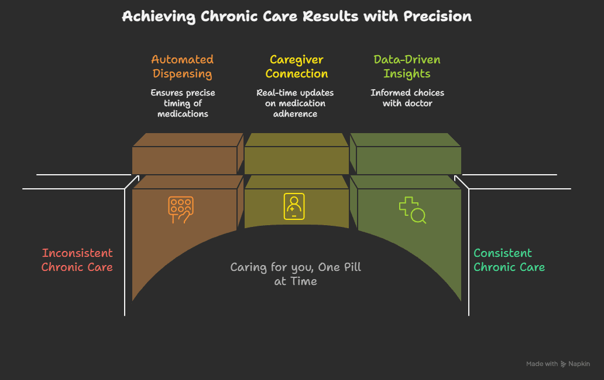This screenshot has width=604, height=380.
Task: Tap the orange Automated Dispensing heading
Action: coord(183,66)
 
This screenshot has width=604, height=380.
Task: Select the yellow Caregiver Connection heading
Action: coord(297,66)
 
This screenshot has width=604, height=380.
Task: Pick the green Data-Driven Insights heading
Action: coord(407,66)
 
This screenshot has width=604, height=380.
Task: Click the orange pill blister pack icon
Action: coord(181,209)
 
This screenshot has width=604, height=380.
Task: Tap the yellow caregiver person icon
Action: coord(294,206)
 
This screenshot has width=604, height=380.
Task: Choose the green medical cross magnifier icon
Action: coord(412,210)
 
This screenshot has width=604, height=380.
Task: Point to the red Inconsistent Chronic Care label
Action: coord(77,260)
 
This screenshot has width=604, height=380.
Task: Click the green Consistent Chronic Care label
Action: coord(509,260)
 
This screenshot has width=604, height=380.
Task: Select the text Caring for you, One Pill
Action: coord(296,267)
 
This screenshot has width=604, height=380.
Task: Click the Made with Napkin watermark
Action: coord(558,364)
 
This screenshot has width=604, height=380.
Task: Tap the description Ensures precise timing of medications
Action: coord(183,103)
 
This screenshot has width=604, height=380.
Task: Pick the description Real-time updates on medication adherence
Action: coord(295,103)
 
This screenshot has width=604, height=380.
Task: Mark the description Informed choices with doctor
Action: coord(407,98)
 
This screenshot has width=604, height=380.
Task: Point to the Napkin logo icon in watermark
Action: coord(564,364)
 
